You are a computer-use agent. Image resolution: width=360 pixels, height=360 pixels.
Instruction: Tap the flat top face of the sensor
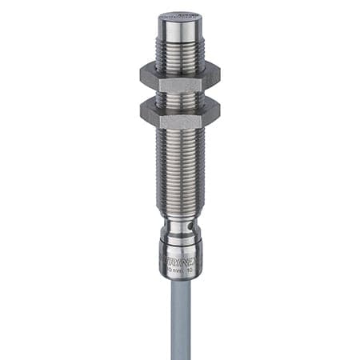tap(179, 15)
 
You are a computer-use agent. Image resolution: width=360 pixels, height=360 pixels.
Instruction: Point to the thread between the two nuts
tap(179, 97)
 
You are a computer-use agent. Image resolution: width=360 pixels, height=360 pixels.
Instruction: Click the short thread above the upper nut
tap(179, 53)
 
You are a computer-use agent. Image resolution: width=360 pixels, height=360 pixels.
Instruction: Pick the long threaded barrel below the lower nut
tap(179, 168)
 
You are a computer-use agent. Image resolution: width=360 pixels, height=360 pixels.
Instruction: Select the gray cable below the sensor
tap(180, 320)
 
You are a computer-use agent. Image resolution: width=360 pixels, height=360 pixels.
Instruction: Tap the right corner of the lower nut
tap(218, 115)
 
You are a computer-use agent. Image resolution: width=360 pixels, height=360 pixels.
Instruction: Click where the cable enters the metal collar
tap(180, 279)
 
